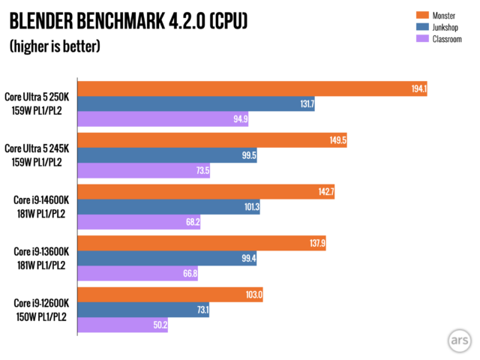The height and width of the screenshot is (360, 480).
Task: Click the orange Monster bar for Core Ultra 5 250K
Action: (x=251, y=88)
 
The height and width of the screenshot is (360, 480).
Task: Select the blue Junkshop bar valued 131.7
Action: (x=195, y=104)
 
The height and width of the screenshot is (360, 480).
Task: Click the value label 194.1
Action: (x=418, y=88)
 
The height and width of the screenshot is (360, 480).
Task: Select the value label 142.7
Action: (x=325, y=192)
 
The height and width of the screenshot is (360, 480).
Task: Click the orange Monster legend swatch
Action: (x=421, y=14)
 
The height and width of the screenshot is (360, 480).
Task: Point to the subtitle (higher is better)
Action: (x=55, y=46)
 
